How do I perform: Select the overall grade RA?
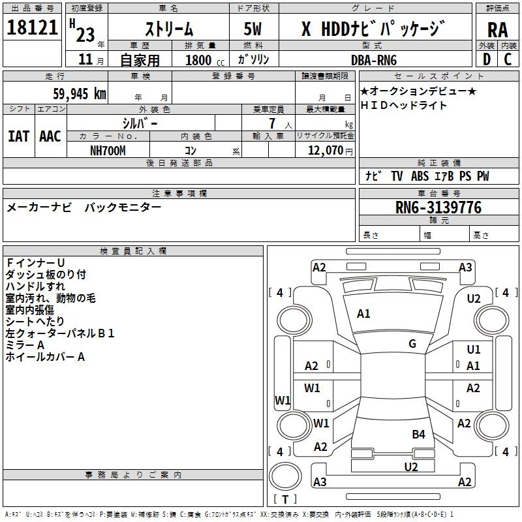pyautogui.click(x=497, y=29)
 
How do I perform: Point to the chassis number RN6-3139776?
pyautogui.click(x=438, y=207)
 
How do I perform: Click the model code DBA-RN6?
pyautogui.click(x=374, y=60)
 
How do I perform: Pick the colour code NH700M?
pyautogui.click(x=108, y=151)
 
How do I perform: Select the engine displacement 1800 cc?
pyautogui.click(x=203, y=60)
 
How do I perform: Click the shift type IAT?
pyautogui.click(x=18, y=136)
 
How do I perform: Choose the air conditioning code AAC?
pyautogui.click(x=50, y=136)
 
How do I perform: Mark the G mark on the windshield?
pyautogui.click(x=412, y=344)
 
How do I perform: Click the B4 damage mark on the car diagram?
pyautogui.click(x=418, y=434)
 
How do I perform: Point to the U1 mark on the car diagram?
pyautogui.click(x=474, y=350)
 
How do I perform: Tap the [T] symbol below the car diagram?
pyautogui.click(x=284, y=499)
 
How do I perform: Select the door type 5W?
pyautogui.click(x=254, y=29)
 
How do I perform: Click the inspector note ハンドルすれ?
pyautogui.click(x=35, y=286)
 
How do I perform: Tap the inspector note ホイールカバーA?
pyautogui.click(x=45, y=357)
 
